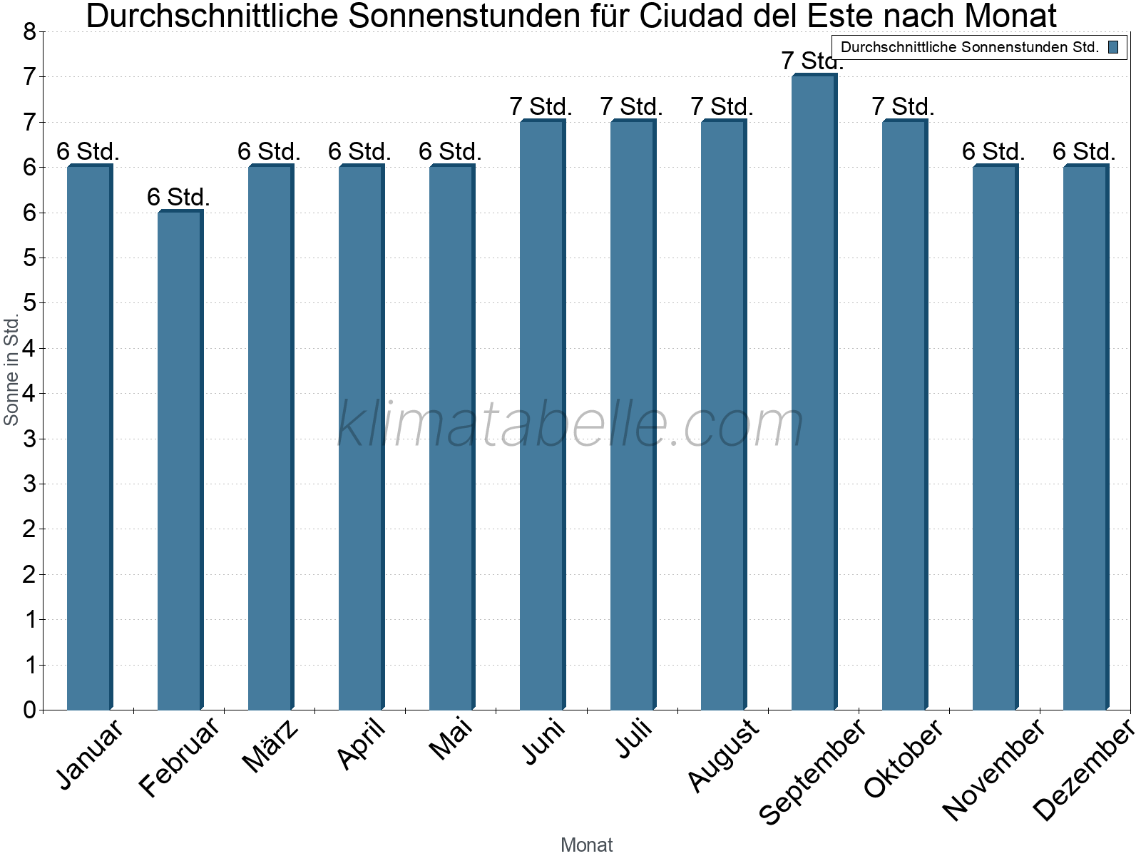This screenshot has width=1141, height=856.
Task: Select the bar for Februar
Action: tap(179, 460)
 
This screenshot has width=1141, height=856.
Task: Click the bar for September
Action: tap(813, 392)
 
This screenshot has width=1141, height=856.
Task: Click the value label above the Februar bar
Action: tap(178, 197)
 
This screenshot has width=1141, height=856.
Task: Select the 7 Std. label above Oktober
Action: tap(903, 107)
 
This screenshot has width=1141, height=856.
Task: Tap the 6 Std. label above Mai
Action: tap(450, 152)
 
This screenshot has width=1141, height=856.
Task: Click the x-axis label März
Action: tap(271, 746)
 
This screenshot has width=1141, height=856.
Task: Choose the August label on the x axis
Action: tap(724, 755)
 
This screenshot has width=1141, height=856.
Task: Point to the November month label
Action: tap(993, 769)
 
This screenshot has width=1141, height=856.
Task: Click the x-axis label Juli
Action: tap(634, 739)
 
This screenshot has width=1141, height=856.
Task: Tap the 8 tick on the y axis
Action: tap(29, 31)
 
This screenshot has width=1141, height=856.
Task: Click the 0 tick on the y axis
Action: tap(29, 710)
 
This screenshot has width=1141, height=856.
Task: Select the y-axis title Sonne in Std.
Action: tap(11, 370)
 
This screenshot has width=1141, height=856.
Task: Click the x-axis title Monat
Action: tap(586, 845)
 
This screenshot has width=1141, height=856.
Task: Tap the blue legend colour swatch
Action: tap(1113, 48)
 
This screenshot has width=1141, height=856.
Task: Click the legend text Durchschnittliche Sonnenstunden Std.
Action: tap(970, 48)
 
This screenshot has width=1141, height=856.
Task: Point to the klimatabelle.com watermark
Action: tap(570, 424)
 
